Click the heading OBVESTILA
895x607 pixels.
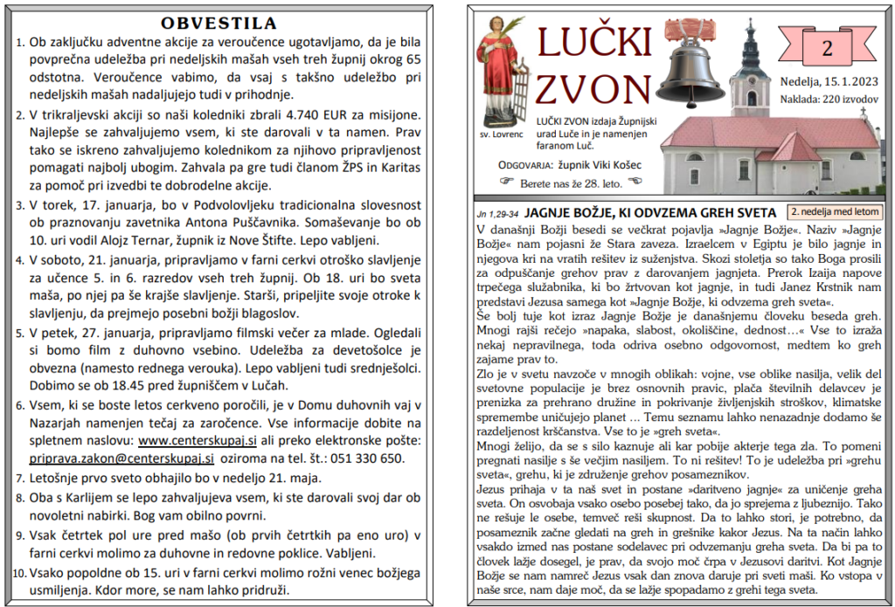coord(219,23)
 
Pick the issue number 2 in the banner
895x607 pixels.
coord(826,48)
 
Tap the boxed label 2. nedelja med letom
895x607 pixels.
coord(834,211)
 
